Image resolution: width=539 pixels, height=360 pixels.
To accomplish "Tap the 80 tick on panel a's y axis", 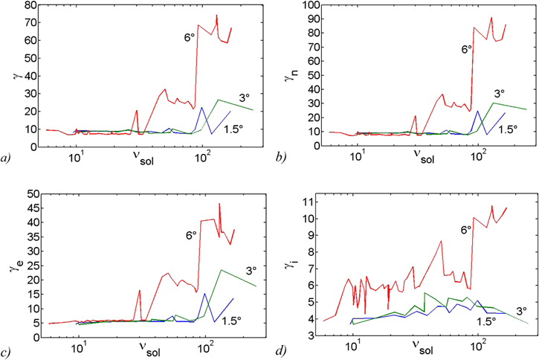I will pyautogui.click(x=29, y=5).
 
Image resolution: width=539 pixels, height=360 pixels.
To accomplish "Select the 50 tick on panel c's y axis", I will pyautogui.click(x=30, y=194).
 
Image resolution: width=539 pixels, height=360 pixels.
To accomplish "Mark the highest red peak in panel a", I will pyautogui.click(x=216, y=15).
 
